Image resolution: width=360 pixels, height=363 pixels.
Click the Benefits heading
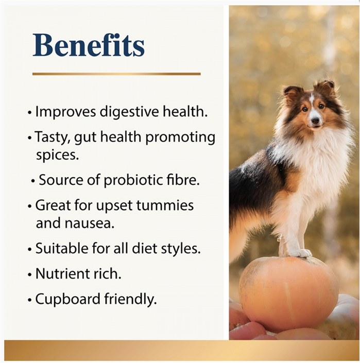point(89,45)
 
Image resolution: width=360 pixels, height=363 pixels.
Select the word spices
point(57,155)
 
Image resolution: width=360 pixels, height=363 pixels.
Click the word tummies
point(165,205)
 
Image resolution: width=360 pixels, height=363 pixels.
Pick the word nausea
point(90,223)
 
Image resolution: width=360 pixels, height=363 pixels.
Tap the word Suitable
point(62,248)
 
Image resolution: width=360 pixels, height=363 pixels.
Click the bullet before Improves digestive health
point(29,113)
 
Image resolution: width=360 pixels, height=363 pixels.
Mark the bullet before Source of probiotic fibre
point(33,181)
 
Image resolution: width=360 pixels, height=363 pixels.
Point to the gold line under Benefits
point(116,74)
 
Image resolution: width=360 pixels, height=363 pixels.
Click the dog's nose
point(315,120)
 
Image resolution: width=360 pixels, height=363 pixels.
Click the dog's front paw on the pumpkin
point(300,253)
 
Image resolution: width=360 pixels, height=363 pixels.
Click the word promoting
point(180,137)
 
